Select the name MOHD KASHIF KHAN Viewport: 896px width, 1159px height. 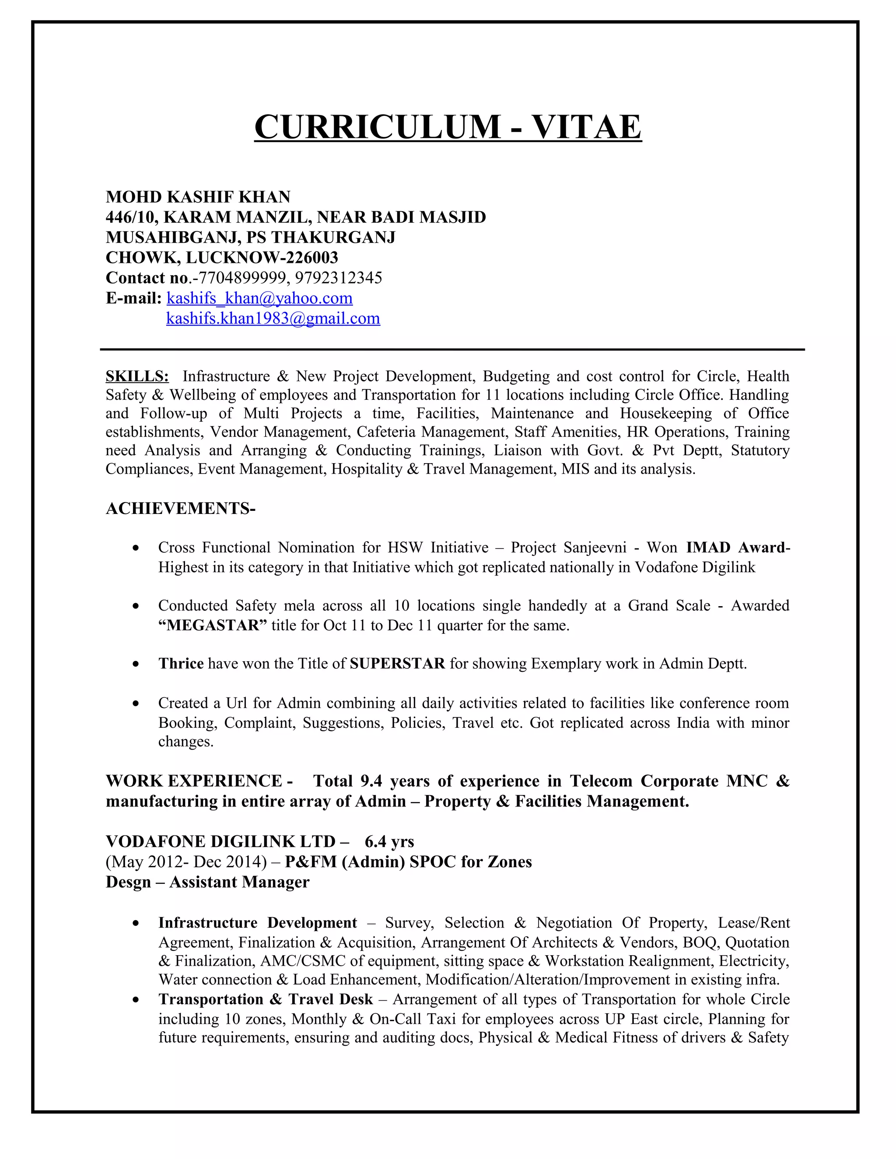(x=198, y=197)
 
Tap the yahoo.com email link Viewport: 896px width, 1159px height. (x=259, y=298)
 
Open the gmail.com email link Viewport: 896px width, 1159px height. (x=273, y=318)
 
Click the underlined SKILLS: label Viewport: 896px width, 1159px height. (x=137, y=376)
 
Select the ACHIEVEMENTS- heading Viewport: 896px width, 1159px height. (x=181, y=508)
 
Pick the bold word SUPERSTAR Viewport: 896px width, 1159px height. (x=397, y=664)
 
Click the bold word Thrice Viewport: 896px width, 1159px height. (x=181, y=664)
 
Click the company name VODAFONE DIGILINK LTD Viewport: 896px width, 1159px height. (x=220, y=841)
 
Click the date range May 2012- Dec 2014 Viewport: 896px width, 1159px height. (x=186, y=862)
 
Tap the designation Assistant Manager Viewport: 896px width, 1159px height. (x=239, y=882)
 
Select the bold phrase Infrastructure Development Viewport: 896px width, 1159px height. (x=257, y=923)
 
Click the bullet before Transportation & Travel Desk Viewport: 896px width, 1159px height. (x=136, y=1000)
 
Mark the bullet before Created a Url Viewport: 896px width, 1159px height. (x=136, y=704)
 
